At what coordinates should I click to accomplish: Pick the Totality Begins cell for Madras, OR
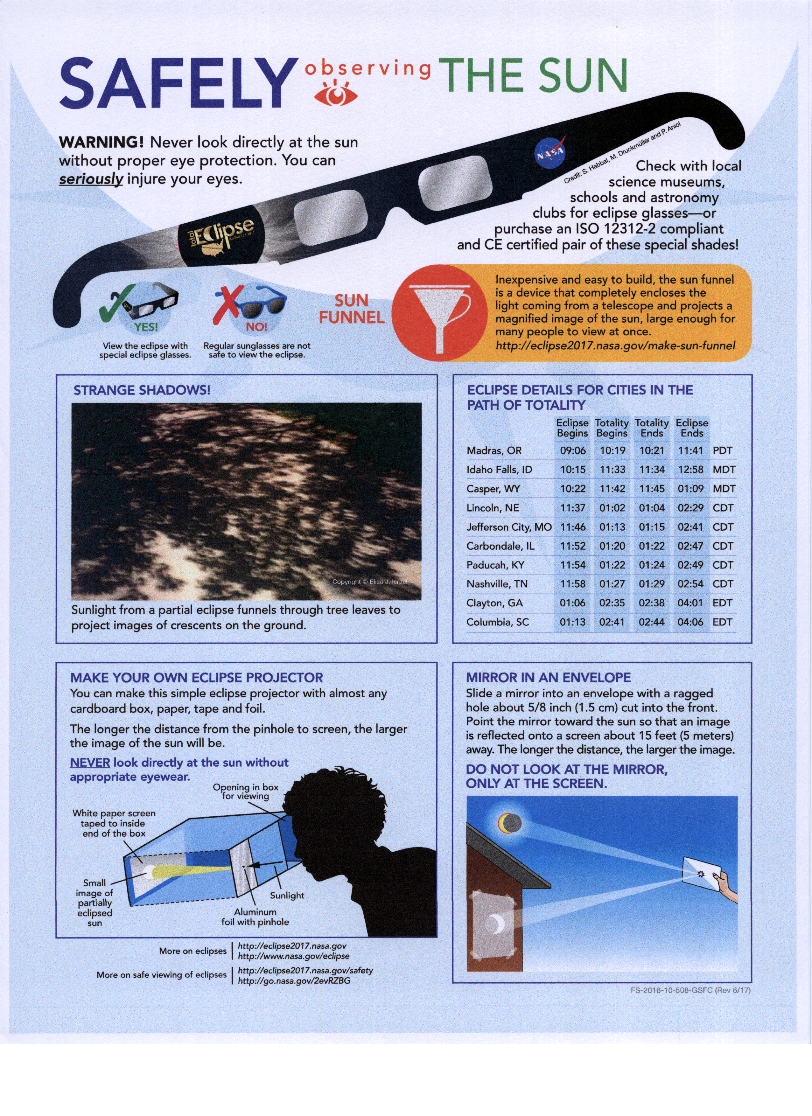pyautogui.click(x=612, y=451)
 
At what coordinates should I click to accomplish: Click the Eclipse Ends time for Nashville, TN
pyautogui.click(x=690, y=584)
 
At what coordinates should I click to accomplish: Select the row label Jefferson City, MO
pyautogui.click(x=509, y=527)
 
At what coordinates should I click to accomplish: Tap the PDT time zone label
pyautogui.click(x=722, y=451)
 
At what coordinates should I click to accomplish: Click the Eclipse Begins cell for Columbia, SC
pyautogui.click(x=572, y=623)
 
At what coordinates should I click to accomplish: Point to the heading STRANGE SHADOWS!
pyautogui.click(x=142, y=390)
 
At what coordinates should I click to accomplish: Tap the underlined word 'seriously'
pyautogui.click(x=91, y=179)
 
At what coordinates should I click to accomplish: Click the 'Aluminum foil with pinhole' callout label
pyautogui.click(x=255, y=917)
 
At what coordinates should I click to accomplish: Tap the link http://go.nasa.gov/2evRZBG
pyautogui.click(x=294, y=981)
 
